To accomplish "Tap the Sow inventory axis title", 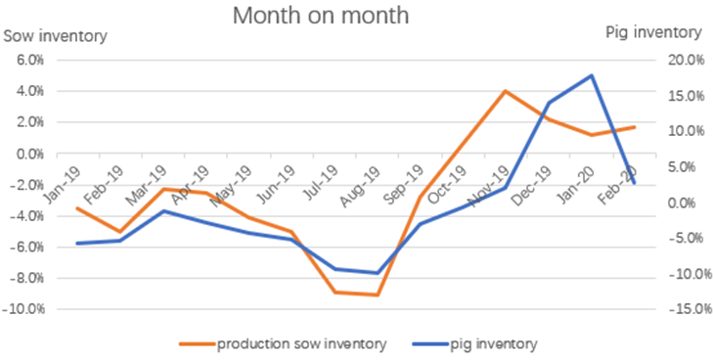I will [56, 36].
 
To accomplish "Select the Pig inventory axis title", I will [654, 32].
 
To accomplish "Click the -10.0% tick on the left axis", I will [24, 309].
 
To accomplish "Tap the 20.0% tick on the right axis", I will [681, 61].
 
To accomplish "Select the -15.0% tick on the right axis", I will [680, 309].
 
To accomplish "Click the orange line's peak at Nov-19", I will [505, 91].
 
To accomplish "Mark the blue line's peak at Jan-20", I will [591, 75].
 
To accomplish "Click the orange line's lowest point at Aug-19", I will [378, 294].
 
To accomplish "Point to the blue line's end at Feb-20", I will [634, 183].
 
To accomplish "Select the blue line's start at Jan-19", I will [76, 244].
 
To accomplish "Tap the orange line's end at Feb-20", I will [634, 127].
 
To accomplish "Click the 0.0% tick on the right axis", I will [685, 202].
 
